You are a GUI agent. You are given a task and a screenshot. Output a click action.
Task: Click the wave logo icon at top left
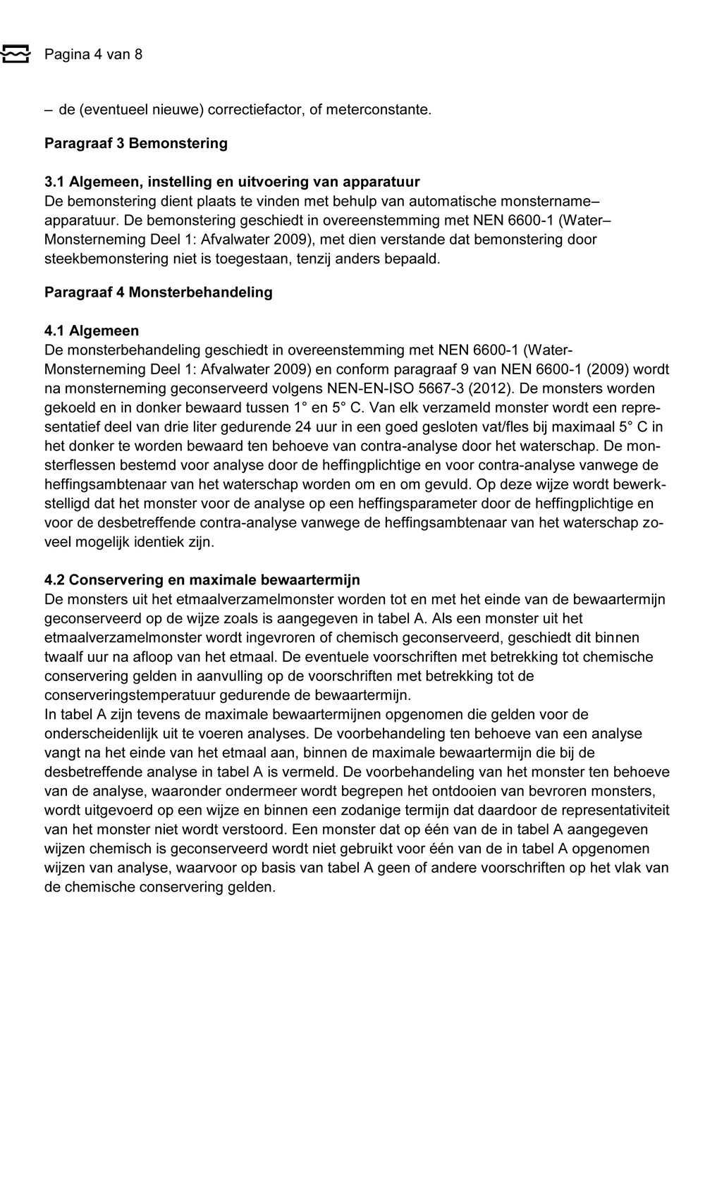pos(15,54)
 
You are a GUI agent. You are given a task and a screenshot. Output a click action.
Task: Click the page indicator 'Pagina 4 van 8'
pos(93,54)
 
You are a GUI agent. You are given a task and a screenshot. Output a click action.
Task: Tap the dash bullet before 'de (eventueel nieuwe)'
pos(48,110)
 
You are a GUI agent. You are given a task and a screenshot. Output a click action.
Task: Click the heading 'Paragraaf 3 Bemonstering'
pos(136,143)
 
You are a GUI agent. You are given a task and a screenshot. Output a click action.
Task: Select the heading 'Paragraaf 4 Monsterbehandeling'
pos(159,292)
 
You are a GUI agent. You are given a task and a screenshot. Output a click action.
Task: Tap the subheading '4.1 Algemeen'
pos(92,331)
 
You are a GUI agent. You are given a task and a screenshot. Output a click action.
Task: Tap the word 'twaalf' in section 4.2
pos(63,657)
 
